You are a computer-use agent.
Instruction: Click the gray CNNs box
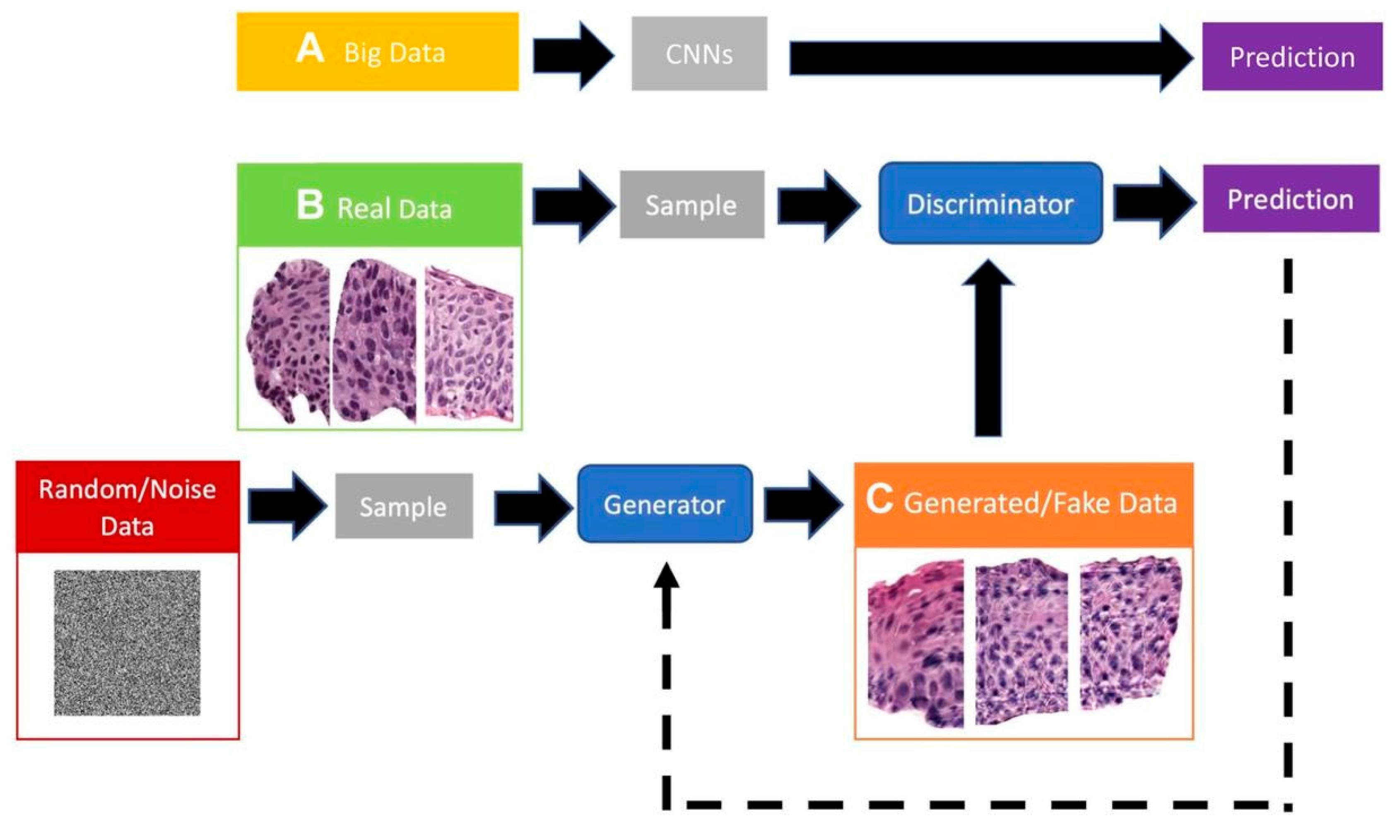tap(699, 53)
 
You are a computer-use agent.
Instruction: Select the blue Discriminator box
tap(990, 203)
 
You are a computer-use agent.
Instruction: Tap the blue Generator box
tap(664, 504)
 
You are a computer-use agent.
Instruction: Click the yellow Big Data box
tap(377, 52)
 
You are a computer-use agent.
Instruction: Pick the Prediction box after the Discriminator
tap(1291, 199)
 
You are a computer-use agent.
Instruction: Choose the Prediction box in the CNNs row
tap(1292, 56)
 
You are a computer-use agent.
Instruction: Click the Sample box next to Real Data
tap(691, 205)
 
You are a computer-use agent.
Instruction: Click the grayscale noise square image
tap(127, 643)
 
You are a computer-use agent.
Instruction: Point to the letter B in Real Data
tap(310, 204)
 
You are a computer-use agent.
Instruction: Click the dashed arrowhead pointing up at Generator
tap(667, 577)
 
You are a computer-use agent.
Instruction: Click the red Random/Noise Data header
tap(128, 507)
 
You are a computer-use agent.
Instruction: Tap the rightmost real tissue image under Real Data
tap(469, 345)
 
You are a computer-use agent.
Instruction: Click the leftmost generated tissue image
tap(916, 645)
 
